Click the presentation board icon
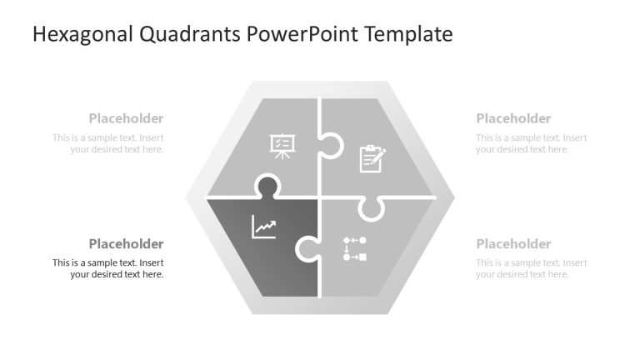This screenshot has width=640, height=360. [x=280, y=145]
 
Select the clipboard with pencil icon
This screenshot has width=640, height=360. [x=372, y=158]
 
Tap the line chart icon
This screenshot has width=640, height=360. [x=264, y=227]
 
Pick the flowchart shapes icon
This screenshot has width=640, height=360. [x=354, y=248]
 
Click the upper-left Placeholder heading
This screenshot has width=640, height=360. [x=126, y=118]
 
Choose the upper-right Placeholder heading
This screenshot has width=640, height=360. [x=513, y=118]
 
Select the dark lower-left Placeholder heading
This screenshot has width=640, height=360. [x=126, y=243]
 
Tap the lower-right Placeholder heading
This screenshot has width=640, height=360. [x=513, y=243]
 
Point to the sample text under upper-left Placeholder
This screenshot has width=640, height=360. [x=108, y=143]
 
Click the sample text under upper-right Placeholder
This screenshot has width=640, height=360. [x=532, y=143]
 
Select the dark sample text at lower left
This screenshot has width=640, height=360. [x=108, y=268]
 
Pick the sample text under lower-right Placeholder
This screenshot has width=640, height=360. [x=532, y=268]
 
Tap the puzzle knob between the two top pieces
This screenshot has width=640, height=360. [x=330, y=145]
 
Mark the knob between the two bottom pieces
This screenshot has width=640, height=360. [x=307, y=247]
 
